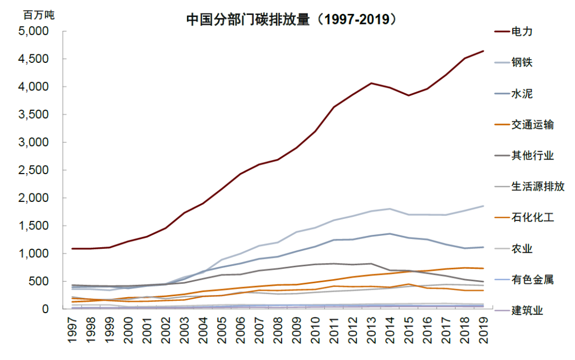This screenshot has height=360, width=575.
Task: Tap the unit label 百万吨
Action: [38, 15]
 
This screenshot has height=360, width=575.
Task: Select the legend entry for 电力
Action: [522, 31]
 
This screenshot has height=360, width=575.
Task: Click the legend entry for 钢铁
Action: [522, 62]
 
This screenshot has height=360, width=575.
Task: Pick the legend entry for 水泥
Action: [522, 94]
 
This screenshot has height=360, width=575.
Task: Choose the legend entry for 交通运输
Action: [532, 125]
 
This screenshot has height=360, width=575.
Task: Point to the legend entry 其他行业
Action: [532, 156]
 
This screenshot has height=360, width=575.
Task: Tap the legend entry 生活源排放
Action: [538, 186]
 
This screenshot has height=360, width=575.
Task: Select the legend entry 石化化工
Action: [532, 217]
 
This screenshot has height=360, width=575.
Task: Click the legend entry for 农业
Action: [522, 249]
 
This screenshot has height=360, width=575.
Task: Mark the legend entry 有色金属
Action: [532, 280]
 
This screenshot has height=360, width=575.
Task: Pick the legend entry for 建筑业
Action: [527, 310]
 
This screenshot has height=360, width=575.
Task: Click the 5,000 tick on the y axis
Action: [34, 31]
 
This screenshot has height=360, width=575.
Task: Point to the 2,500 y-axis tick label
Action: [34, 170]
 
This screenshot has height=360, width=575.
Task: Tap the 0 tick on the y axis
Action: [46, 309]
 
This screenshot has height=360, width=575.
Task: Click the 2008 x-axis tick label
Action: [277, 331]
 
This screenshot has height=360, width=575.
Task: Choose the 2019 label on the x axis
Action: [482, 331]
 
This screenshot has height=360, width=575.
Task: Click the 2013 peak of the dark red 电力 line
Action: [371, 83]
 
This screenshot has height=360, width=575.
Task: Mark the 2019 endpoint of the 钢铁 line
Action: [483, 206]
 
